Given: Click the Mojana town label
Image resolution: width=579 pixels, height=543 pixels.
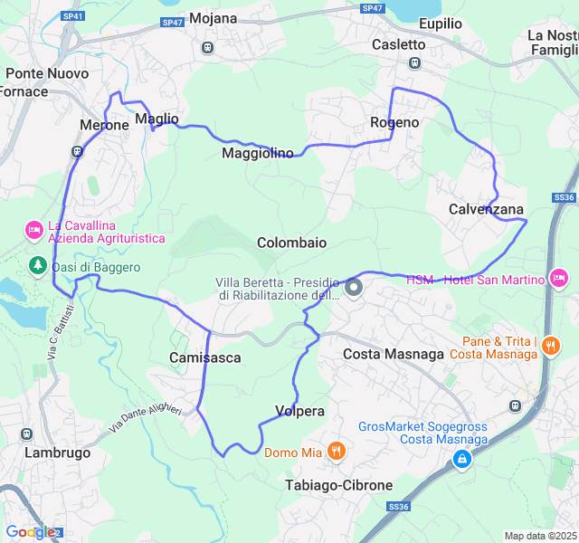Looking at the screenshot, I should pos(214,18).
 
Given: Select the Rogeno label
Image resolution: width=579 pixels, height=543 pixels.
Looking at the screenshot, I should pos(394,122).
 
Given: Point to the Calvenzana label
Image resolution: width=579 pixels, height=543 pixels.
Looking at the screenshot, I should pos(487,209).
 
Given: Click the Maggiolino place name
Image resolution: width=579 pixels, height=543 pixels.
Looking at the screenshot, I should pos(258,153).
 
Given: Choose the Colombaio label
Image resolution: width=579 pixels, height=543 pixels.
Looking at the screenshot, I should pos(291,243).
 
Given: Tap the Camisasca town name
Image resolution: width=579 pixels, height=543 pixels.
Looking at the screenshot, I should pos(205,357).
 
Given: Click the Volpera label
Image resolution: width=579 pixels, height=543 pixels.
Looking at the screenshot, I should pos(299,411).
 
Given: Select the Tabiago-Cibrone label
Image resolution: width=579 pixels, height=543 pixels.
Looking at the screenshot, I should pos(338,485).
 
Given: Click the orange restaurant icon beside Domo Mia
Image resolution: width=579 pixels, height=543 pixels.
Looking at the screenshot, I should pos(337,450).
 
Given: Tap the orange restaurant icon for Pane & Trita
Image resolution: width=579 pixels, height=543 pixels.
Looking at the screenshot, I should pos(551,345).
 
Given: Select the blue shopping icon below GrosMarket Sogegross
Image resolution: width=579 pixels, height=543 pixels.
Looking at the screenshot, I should pos(462,460).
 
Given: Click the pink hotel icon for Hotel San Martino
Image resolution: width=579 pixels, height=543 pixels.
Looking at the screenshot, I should pos(558,278).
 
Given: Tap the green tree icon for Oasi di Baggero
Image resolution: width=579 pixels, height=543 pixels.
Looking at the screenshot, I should pos(37,265).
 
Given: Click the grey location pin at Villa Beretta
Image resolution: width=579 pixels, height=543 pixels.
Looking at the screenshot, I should pos(354,288).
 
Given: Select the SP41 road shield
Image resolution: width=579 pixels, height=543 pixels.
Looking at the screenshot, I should pos(73,16).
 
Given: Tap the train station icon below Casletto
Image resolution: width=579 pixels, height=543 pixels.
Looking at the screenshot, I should pos(414,62).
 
